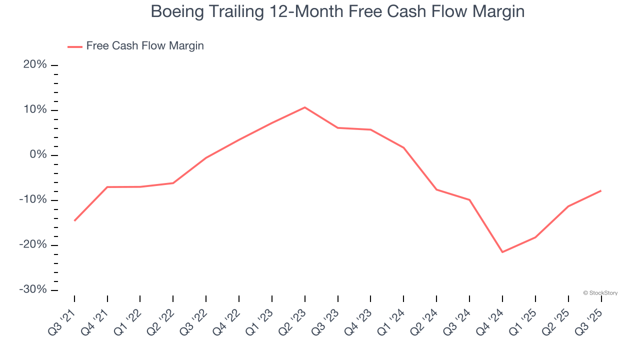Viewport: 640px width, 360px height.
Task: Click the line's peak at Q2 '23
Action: click(x=304, y=107)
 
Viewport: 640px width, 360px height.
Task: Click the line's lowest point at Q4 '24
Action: click(x=502, y=252)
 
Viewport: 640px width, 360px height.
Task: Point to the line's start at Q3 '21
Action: click(x=74, y=220)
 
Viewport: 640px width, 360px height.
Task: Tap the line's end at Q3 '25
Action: click(x=600, y=190)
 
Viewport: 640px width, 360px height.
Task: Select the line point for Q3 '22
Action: click(x=206, y=158)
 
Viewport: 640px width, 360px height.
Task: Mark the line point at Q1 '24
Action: click(x=403, y=148)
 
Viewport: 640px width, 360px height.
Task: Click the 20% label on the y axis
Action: click(x=35, y=65)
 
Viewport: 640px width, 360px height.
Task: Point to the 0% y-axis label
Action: click(x=37, y=155)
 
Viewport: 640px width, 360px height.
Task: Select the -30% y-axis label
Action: click(x=33, y=290)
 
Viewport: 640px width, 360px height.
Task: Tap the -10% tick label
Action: click(x=33, y=200)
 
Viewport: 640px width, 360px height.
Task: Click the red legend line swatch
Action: click(x=75, y=46)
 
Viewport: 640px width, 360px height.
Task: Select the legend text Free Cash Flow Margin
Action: click(x=145, y=46)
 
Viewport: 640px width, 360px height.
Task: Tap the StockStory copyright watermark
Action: click(x=600, y=293)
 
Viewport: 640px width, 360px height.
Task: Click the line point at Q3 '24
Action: click(x=469, y=200)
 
